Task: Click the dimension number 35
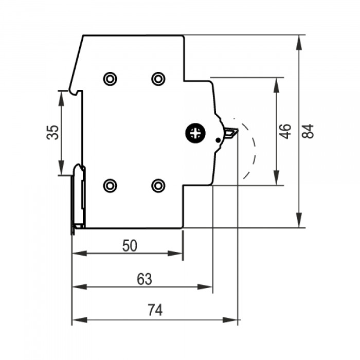click(x=52, y=133)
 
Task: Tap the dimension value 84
click(x=308, y=131)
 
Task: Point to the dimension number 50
click(x=130, y=246)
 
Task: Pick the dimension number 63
click(x=145, y=279)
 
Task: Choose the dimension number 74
click(x=155, y=310)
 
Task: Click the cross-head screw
click(x=195, y=133)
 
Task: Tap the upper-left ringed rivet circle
click(x=110, y=79)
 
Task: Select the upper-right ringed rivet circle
click(x=158, y=79)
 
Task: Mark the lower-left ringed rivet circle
click(x=110, y=186)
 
